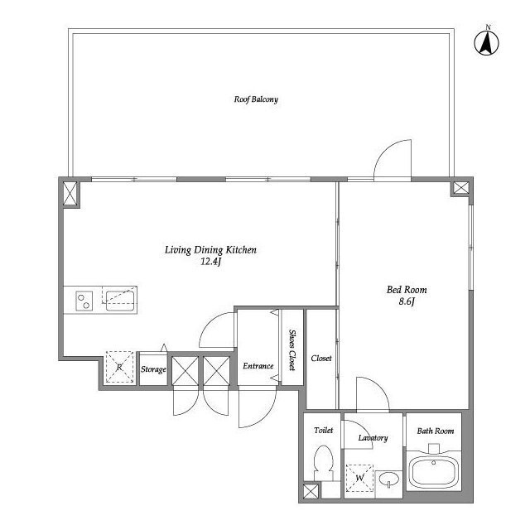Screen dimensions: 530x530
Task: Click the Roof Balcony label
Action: pos(256,99)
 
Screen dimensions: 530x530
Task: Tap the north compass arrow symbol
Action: pos(487,43)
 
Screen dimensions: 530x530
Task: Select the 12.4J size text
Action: pos(210,262)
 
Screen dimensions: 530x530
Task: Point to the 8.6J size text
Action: pos(407,301)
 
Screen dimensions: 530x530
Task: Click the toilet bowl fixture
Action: pos(324,462)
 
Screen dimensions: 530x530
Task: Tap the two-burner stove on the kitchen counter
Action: pos(84,301)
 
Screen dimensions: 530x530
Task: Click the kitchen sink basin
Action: pos(120,301)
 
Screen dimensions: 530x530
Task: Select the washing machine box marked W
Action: pos(359,479)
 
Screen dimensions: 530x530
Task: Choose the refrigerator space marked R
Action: pos(119,367)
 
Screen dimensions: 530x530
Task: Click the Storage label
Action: pos(153,369)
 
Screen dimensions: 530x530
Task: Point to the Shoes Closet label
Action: pos(292,350)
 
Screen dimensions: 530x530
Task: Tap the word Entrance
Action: pos(258,366)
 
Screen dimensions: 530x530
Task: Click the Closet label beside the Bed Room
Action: pos(321,358)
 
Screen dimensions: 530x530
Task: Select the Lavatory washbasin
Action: pos(388,479)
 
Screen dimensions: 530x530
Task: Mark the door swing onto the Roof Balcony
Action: pos(393,159)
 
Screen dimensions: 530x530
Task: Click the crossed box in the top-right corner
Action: pos(461,188)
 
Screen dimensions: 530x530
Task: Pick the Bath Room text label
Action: pos(436,431)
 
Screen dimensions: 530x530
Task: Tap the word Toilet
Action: pos(324,431)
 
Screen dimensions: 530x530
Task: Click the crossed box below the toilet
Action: pos(311,491)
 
